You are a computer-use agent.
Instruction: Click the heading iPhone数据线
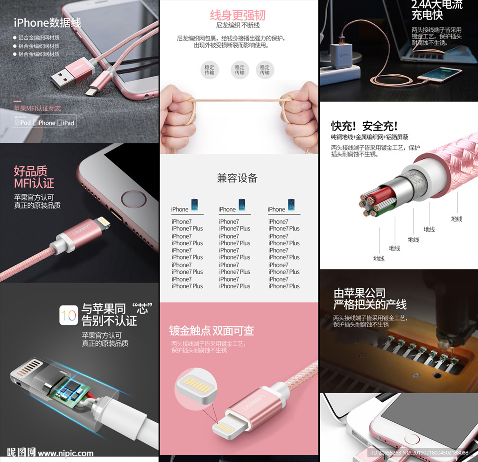pyautogui.click(x=47, y=22)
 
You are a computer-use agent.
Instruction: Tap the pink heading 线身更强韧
pyautogui.click(x=237, y=15)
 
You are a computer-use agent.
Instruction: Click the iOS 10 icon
pyautogui.click(x=68, y=315)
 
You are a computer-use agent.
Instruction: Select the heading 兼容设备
pyautogui.click(x=237, y=178)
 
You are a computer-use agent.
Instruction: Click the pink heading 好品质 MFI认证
pyautogui.click(x=34, y=177)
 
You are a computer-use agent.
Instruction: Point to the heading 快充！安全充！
pyautogui.click(x=364, y=126)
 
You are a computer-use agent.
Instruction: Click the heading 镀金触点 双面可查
pyautogui.click(x=211, y=331)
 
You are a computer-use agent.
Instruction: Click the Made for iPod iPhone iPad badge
pyautogui.click(x=44, y=122)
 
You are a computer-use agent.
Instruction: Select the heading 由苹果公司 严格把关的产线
pyautogui.click(x=370, y=299)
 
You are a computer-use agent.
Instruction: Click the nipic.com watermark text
pyautogui.click(x=65, y=453)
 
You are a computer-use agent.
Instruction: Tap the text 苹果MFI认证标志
pyautogui.click(x=37, y=108)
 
